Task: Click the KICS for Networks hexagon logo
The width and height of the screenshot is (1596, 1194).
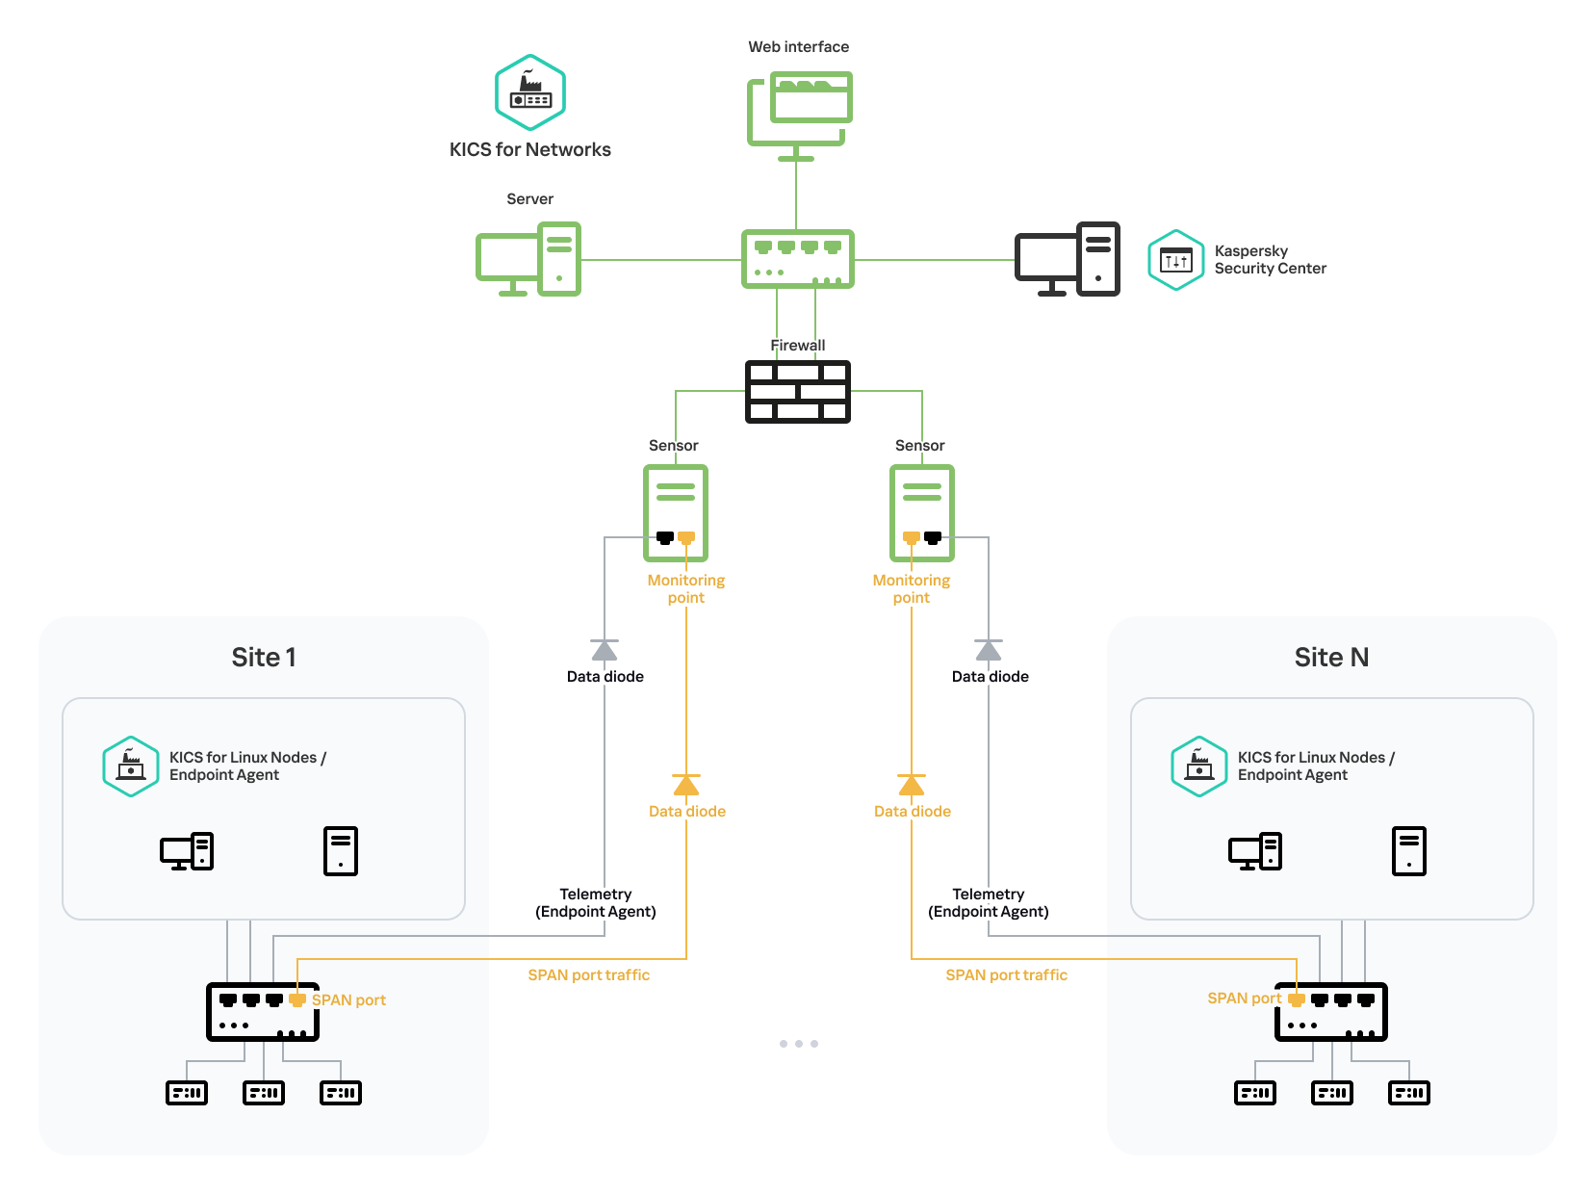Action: tap(530, 92)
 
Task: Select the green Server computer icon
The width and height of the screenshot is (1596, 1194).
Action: tap(528, 259)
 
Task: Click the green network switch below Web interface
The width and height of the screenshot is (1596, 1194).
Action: tap(798, 259)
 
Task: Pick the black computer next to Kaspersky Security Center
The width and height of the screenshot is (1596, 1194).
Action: tap(1068, 259)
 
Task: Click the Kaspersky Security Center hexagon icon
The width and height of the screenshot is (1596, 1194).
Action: tap(1175, 260)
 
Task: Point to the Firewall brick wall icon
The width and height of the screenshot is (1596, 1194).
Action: tap(798, 391)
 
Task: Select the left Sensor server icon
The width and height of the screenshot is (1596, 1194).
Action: tap(676, 512)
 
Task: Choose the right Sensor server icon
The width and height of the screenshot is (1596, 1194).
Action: tap(922, 512)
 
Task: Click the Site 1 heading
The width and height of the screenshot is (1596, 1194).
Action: tap(264, 657)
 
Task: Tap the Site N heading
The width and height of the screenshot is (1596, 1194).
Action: tap(1331, 657)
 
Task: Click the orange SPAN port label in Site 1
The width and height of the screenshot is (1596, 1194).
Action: tap(348, 999)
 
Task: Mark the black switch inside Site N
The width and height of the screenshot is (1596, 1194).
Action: tap(1331, 1012)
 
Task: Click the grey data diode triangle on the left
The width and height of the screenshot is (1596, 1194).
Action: tap(605, 650)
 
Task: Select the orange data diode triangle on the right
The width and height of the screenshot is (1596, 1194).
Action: tap(912, 785)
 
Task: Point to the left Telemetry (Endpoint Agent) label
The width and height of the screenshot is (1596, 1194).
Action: tap(596, 902)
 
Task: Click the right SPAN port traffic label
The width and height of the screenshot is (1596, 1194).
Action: tap(1006, 974)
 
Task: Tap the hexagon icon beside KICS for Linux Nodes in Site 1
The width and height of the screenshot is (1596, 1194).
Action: tap(131, 766)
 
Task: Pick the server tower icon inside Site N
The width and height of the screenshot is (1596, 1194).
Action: tap(1409, 851)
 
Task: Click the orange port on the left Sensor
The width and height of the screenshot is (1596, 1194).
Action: tap(686, 537)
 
